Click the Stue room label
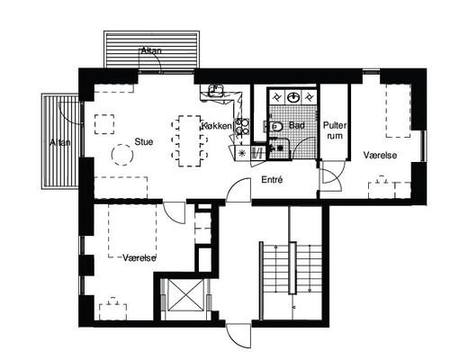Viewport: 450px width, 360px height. pyautogui.click(x=144, y=141)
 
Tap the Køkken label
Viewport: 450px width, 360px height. pyautogui.click(x=217, y=126)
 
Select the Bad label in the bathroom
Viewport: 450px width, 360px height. pyautogui.click(x=297, y=125)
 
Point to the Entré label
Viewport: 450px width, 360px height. pyautogui.click(x=272, y=180)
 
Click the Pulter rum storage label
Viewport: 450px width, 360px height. pyautogui.click(x=335, y=130)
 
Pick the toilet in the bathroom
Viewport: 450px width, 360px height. pyautogui.click(x=275, y=127)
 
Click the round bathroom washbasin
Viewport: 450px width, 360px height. pyautogui.click(x=293, y=97)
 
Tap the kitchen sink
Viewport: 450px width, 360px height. pyautogui.click(x=216, y=90)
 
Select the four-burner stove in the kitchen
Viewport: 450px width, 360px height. pyautogui.click(x=242, y=126)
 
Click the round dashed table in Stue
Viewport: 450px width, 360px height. pyautogui.click(x=122, y=155)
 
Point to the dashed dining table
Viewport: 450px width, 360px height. pyautogui.click(x=190, y=140)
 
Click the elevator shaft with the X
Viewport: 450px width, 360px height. pyautogui.click(x=185, y=294)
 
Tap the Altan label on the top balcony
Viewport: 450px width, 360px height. pyautogui.click(x=151, y=50)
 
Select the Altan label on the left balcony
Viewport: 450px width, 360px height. pyautogui.click(x=60, y=142)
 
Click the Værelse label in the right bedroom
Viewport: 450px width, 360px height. pyautogui.click(x=380, y=155)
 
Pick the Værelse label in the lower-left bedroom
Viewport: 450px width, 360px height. pyautogui.click(x=139, y=257)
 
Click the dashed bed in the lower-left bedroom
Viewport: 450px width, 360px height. pyautogui.click(x=132, y=230)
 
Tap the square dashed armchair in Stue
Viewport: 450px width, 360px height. pyautogui.click(x=104, y=124)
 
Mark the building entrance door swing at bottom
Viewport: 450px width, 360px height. pyautogui.click(x=238, y=336)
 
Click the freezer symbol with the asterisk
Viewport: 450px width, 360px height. pyautogui.click(x=242, y=153)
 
